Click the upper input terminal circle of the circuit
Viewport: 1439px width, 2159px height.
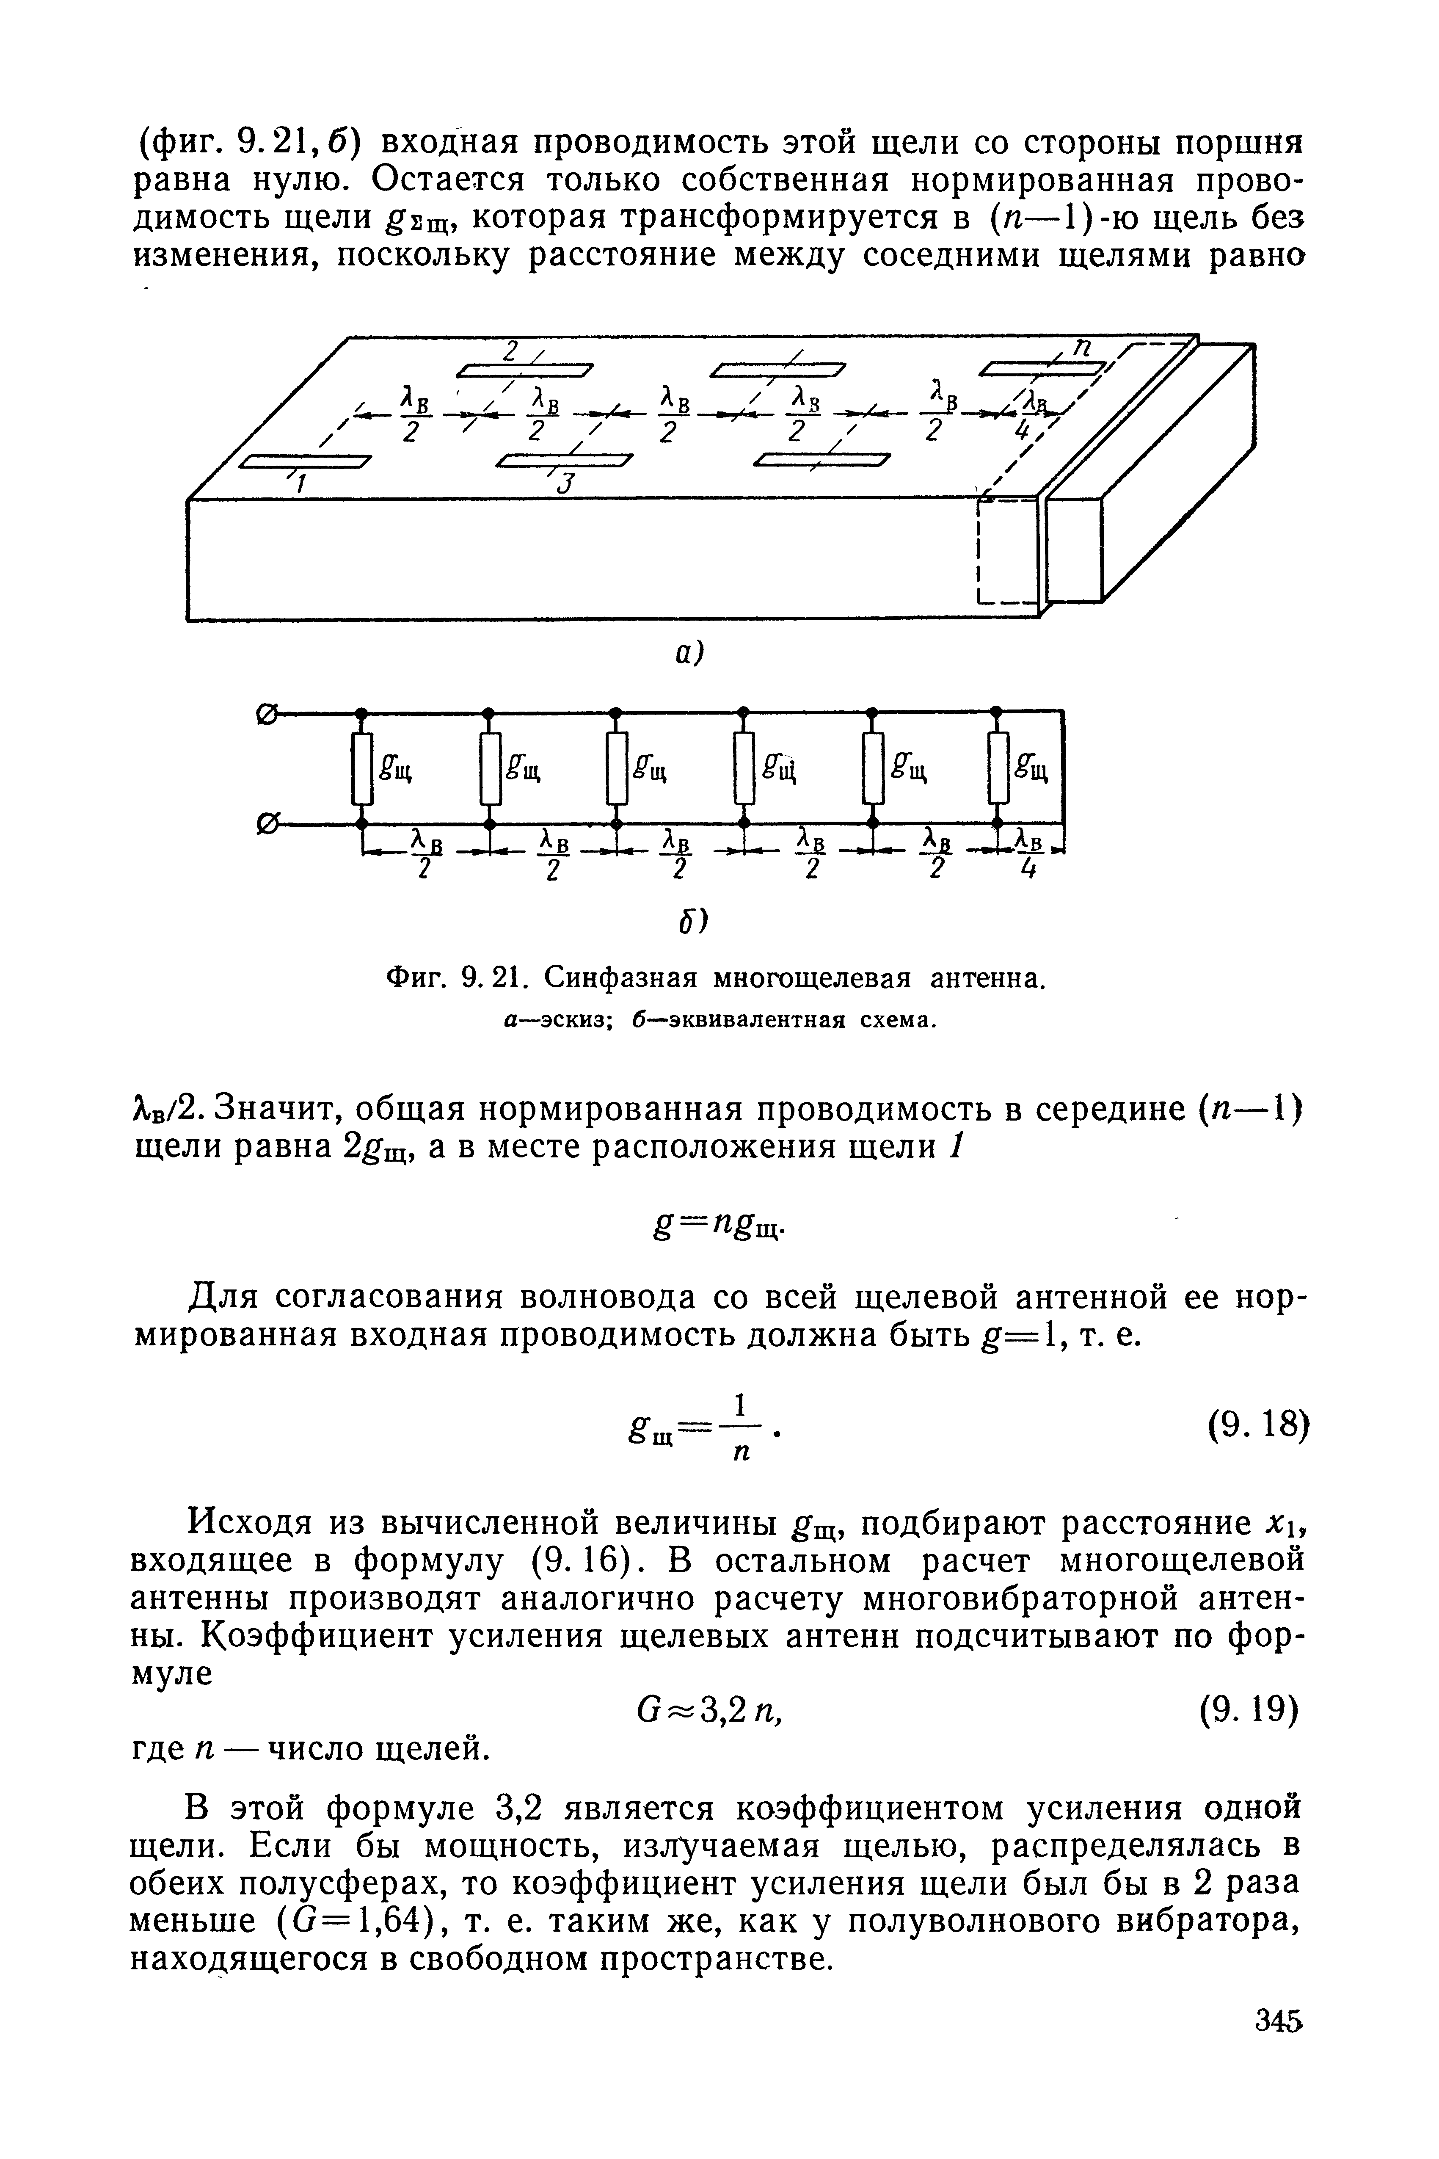pos(272,710)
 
